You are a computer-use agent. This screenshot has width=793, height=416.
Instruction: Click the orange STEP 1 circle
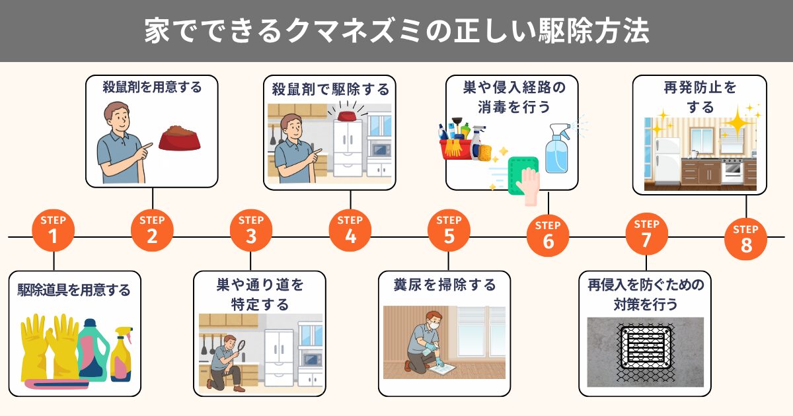tap(53, 230)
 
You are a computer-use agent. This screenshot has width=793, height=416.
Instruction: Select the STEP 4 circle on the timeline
tap(350, 230)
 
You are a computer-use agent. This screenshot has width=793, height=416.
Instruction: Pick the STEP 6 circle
tap(548, 235)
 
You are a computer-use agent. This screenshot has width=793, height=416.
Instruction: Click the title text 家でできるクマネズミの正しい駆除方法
tap(397, 31)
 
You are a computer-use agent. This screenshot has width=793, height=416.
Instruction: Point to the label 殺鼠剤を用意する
tap(152, 87)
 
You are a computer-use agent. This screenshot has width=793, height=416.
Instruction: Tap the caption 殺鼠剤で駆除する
tap(330, 88)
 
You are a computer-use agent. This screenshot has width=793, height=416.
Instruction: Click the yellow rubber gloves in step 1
tap(50, 347)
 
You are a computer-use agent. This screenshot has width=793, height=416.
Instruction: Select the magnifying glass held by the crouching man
tap(242, 345)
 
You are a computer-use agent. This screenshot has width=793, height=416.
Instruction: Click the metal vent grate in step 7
tap(645, 351)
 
